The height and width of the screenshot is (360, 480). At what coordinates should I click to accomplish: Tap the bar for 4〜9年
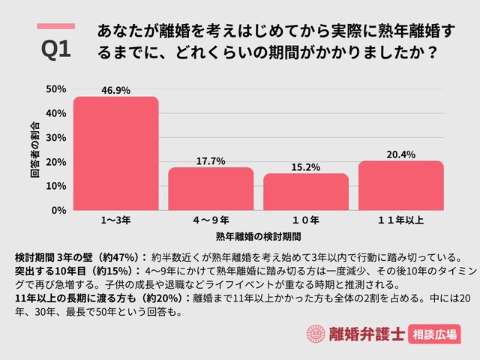click(x=211, y=189)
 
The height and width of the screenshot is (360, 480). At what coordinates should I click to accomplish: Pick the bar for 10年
click(x=305, y=192)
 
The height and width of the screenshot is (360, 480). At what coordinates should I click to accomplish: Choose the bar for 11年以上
click(x=400, y=186)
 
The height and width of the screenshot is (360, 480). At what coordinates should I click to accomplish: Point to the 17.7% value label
click(x=211, y=160)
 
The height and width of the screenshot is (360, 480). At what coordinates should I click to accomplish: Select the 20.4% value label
click(x=400, y=154)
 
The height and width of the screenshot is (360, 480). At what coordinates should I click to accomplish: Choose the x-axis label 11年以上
click(x=400, y=220)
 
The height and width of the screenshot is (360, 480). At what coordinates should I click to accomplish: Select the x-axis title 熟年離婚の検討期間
click(x=258, y=236)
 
